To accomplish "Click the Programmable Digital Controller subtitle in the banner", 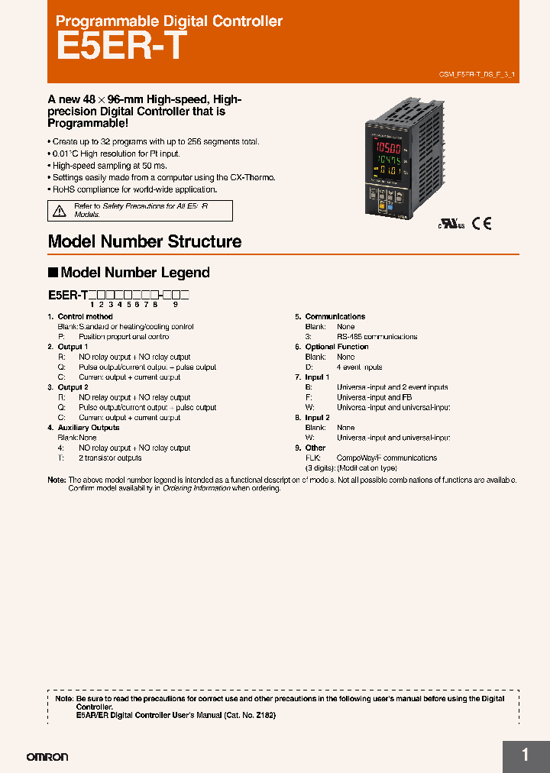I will (169, 21).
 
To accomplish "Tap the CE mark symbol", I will (481, 224).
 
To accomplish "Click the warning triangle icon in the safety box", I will (59, 210).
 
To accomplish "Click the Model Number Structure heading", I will (144, 241).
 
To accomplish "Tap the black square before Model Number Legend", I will (53, 273).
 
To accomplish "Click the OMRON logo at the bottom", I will (47, 757).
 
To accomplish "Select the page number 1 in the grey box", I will (525, 755).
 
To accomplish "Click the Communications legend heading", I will (335, 316).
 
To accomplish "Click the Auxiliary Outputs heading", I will (89, 428).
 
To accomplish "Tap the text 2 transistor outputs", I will (110, 458).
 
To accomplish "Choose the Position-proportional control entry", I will (124, 336).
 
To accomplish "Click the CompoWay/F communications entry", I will (387, 458).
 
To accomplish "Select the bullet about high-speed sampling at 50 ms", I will (109, 165).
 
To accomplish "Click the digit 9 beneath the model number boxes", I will (175, 304).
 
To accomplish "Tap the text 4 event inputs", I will (359, 367).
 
